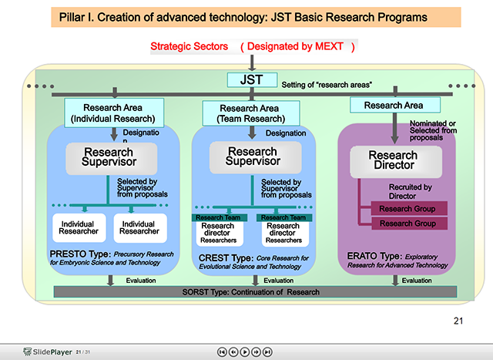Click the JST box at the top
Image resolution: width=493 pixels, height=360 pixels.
246,80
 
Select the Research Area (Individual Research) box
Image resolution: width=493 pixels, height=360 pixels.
113,113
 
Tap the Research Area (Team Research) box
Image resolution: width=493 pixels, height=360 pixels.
250,114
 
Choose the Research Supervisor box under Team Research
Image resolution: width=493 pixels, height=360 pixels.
252,157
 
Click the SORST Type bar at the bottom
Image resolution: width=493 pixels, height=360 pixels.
254,292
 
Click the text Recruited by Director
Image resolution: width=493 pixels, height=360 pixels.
410,191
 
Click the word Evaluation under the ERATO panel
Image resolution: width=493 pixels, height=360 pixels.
416,281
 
